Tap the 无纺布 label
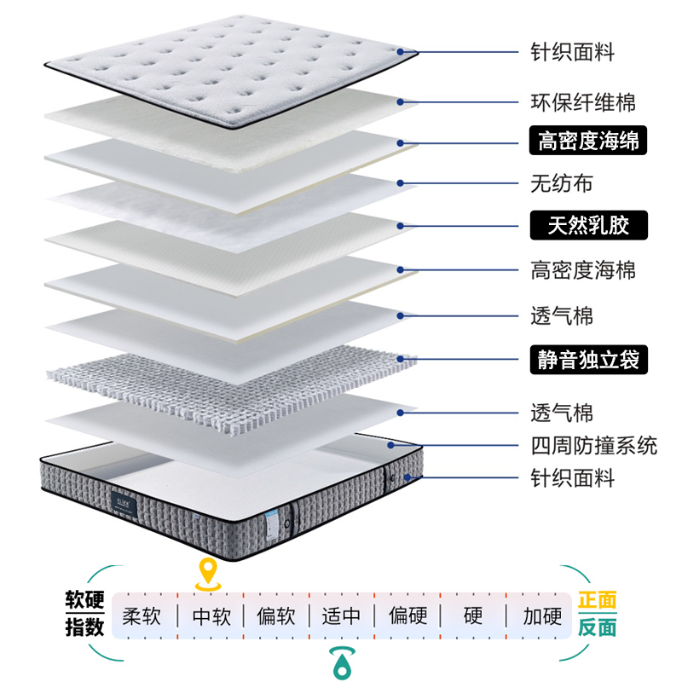click(561, 183)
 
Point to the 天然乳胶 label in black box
click(588, 226)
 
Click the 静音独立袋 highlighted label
click(588, 360)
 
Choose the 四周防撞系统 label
click(594, 445)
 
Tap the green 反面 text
click(598, 628)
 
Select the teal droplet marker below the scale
click(342, 661)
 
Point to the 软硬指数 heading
click(85, 614)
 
